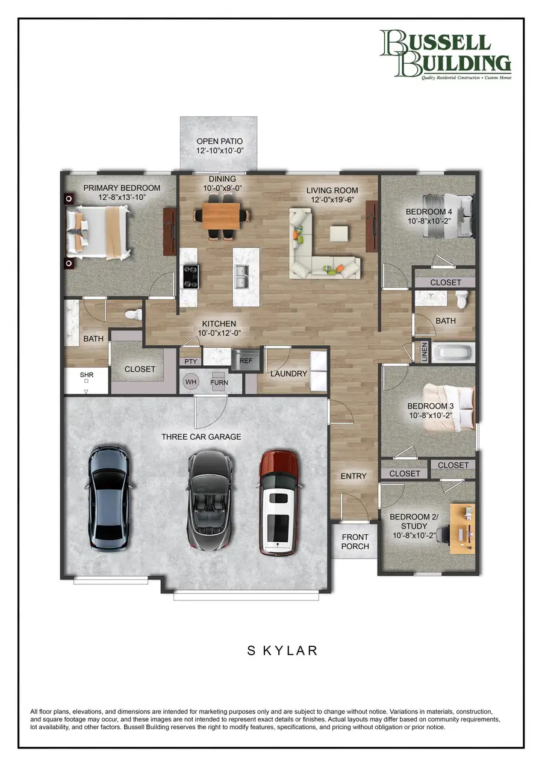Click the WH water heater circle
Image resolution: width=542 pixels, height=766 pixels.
pos(190,381)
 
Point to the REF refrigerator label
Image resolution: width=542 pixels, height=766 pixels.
pos(246,361)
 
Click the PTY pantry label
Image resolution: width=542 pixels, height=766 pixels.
pos(190,362)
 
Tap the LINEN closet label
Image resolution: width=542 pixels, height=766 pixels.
pos(425,352)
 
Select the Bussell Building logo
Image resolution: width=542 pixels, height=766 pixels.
pos(446,55)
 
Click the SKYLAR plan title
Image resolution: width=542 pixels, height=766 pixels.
pos(282,650)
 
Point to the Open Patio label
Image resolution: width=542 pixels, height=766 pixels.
pos(219,146)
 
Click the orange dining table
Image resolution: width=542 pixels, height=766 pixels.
pos(221,216)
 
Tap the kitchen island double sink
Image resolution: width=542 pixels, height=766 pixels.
pos(241,276)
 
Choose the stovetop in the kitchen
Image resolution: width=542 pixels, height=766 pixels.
pos(190,277)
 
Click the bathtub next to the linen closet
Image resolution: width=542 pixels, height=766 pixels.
pos(453,352)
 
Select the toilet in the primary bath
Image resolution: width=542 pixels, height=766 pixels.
pos(134,314)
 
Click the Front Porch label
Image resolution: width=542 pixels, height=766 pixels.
pos(355,542)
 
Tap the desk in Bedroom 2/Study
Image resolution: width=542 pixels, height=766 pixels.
pos(463,528)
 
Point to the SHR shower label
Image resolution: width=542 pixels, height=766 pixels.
pos(87,375)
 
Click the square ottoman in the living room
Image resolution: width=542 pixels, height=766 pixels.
pos(339,234)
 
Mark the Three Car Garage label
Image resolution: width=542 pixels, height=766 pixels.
pos(201,437)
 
